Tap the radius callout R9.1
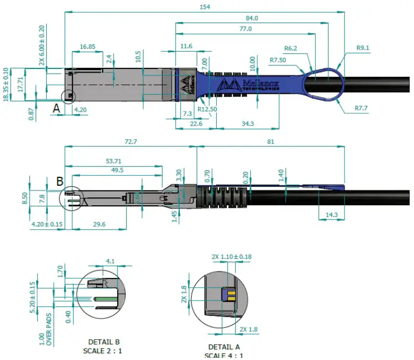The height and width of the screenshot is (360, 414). click(363, 48)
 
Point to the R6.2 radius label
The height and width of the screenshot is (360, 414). click(291, 48)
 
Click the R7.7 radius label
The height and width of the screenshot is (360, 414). click(361, 108)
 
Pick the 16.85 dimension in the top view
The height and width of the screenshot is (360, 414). click(87, 47)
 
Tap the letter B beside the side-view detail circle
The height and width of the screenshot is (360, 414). click(60, 182)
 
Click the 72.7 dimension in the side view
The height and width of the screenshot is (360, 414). click(129, 142)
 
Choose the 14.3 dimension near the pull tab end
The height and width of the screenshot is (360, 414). click(331, 215)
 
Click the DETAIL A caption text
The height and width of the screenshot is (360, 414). click(225, 347)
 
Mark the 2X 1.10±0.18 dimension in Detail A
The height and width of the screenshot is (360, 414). click(231, 257)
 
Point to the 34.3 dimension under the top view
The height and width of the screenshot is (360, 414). click(246, 124)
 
